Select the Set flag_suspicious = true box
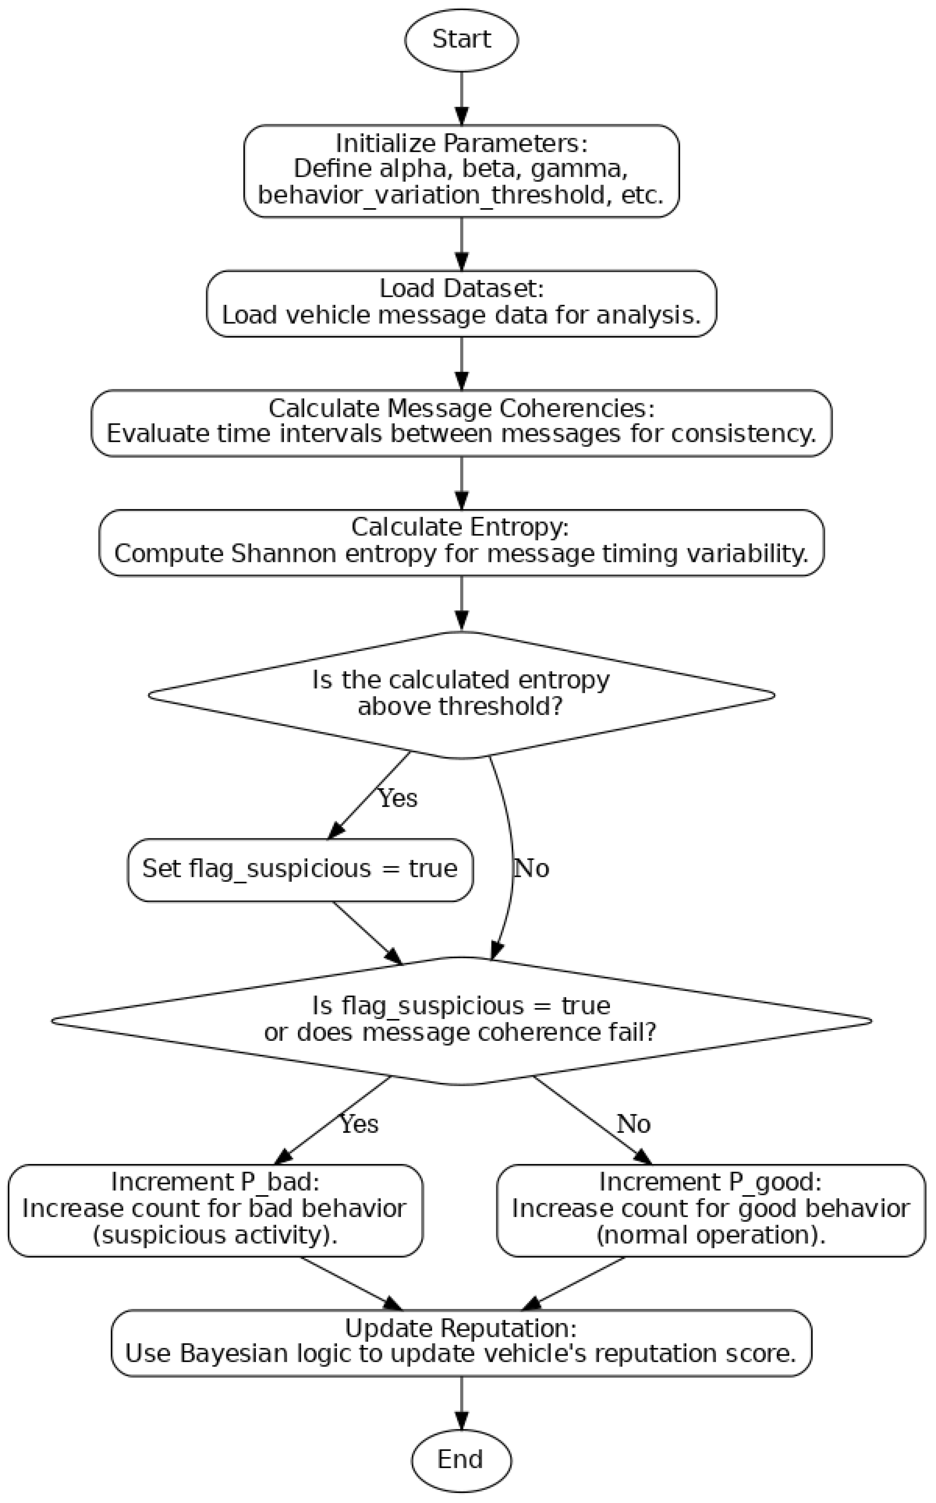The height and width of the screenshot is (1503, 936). [x=300, y=869]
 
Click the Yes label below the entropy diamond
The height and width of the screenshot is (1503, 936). [x=398, y=798]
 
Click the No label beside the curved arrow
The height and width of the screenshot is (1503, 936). [x=531, y=869]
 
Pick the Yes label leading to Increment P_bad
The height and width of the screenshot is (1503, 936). [x=359, y=1123]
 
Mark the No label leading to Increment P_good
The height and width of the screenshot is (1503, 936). [x=633, y=1123]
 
